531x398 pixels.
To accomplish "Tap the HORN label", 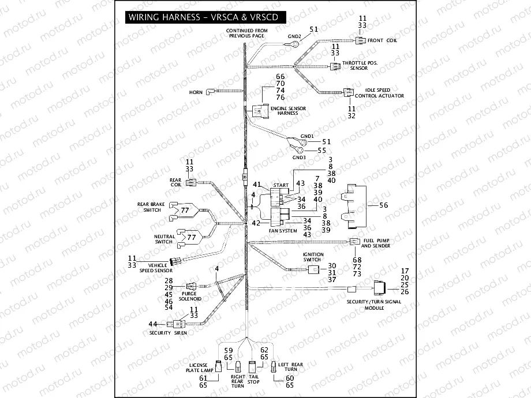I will [196, 92].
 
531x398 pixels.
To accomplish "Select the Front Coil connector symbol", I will [360, 40].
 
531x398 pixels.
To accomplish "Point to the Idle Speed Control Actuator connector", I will [349, 92].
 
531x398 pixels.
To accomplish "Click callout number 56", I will [384, 205].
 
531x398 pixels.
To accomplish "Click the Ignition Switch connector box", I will [313, 269].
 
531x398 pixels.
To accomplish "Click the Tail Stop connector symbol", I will [252, 366].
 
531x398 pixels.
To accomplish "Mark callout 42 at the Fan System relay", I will [257, 223].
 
